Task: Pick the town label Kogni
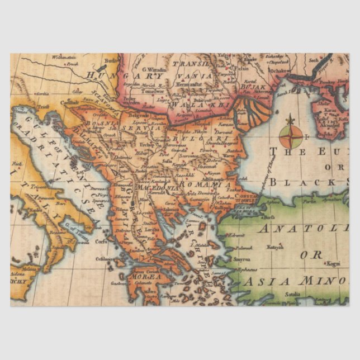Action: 334,262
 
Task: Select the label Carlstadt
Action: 70,102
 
